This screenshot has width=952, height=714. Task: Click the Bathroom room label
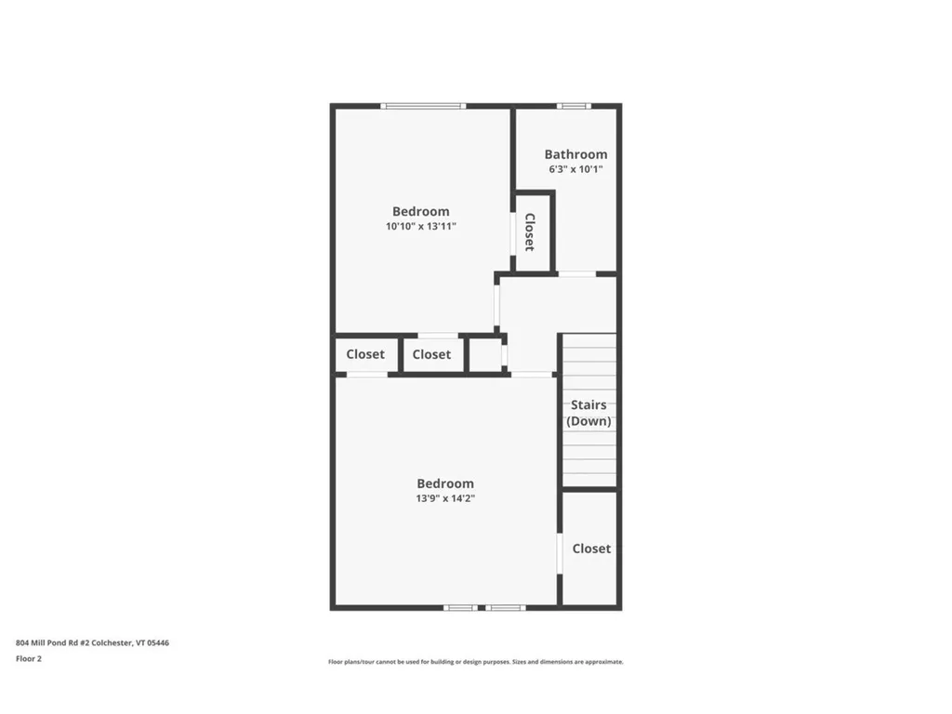point(575,154)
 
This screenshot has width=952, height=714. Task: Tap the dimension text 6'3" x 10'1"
point(575,169)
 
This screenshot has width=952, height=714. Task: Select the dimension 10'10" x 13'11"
point(421,226)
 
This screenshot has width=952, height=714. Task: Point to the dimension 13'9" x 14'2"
point(445,498)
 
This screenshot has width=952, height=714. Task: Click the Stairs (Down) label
point(588,413)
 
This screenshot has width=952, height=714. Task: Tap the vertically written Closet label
point(530,232)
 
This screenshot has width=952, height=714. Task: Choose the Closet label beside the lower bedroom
point(591,549)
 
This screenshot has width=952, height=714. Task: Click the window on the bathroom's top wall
point(574,106)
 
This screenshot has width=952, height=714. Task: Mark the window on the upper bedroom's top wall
point(424,106)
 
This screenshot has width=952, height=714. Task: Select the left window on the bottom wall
point(460,608)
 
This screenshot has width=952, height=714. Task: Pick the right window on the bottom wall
point(506,608)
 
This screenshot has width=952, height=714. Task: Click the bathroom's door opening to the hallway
point(576,274)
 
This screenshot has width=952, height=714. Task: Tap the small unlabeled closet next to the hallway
point(483,354)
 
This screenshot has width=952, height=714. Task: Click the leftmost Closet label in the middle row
point(365,354)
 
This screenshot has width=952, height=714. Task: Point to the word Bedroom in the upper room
point(420,211)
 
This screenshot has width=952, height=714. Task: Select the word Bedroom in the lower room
point(445,483)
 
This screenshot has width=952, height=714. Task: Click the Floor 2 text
point(29,658)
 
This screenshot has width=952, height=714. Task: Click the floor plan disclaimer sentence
point(475,662)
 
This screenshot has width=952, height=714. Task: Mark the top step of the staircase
point(588,340)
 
